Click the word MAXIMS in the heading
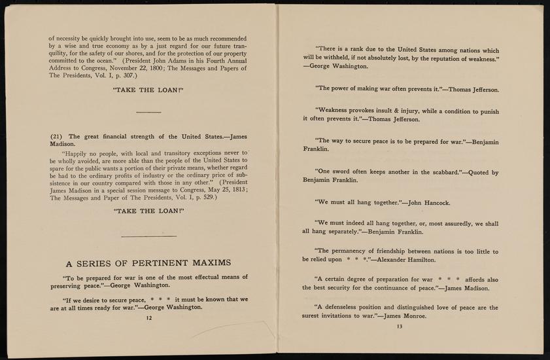(208, 263)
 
